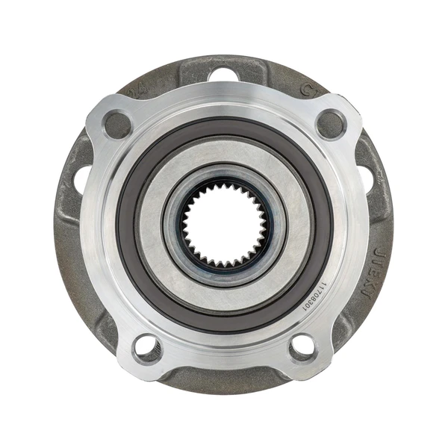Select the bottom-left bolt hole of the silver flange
point(147,346)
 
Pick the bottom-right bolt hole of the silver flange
point(302,346)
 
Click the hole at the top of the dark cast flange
point(223,74)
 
